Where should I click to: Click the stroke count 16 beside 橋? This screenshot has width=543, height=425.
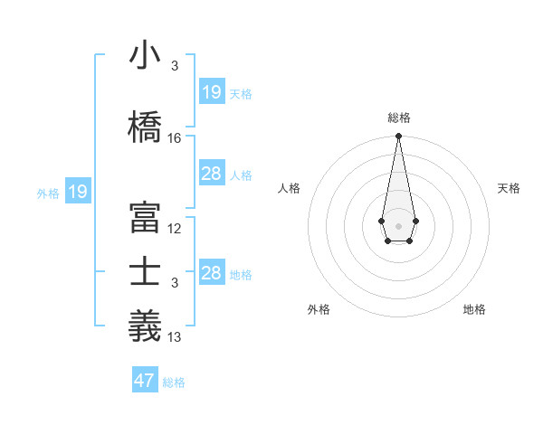click(175, 138)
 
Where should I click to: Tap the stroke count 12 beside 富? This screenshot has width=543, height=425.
click(175, 229)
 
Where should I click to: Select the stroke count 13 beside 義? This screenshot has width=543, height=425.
click(175, 337)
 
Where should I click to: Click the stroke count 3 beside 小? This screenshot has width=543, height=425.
click(175, 66)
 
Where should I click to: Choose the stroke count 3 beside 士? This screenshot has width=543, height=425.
click(175, 283)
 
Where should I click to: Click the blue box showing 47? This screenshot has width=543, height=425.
click(145, 381)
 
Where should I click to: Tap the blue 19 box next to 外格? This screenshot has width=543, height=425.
click(78, 192)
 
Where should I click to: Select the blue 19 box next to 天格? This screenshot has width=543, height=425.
click(212, 92)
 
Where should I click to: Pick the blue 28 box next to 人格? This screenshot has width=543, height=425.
click(212, 174)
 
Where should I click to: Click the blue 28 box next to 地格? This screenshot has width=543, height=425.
click(212, 273)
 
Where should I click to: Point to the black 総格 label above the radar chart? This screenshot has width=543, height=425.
click(398, 118)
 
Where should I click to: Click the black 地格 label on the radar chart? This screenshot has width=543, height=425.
click(474, 309)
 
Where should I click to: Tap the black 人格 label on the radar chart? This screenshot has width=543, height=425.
click(290, 188)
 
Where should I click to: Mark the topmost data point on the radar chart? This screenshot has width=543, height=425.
click(398, 137)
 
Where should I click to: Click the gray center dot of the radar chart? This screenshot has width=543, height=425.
click(398, 224)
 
